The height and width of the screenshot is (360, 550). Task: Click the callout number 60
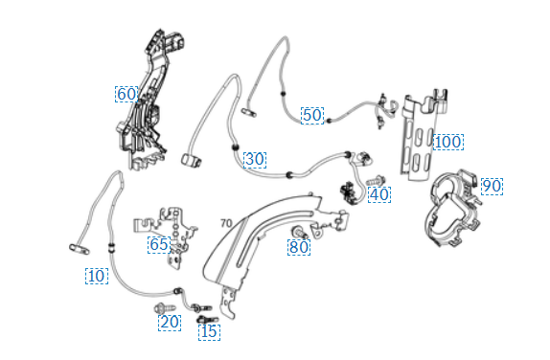pos(126,94)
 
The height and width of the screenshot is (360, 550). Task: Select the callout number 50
pos(312,115)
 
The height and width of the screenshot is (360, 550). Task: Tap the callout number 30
pos(255,160)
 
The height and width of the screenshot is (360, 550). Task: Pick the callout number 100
pos(448,142)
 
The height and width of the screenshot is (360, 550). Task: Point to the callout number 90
pos(492,187)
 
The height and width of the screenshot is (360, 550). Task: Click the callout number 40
pos(379,194)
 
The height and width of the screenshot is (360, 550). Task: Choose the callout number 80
pos(299,247)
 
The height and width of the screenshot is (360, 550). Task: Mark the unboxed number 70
pos(226,223)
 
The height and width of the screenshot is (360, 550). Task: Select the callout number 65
pos(159,245)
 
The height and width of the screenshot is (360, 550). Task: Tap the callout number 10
pos(97,276)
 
